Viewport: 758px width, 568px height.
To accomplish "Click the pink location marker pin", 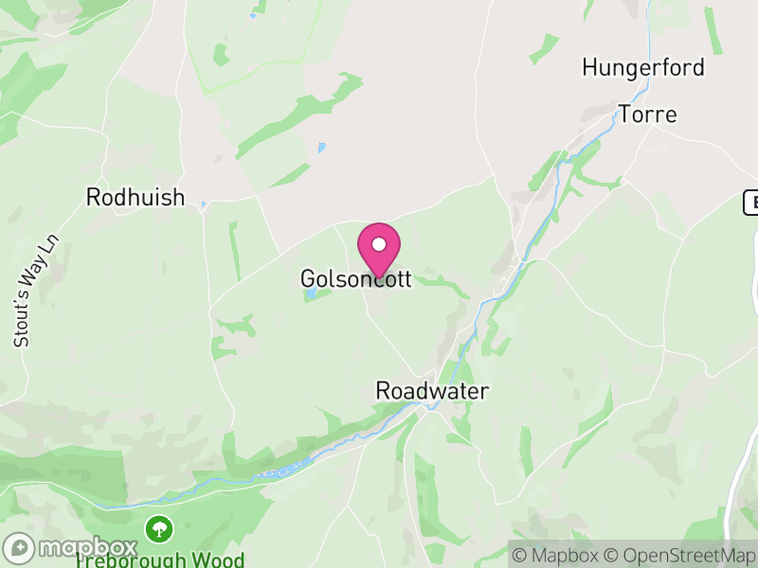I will [x=379, y=249].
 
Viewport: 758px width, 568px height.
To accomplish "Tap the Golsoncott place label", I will [x=355, y=279].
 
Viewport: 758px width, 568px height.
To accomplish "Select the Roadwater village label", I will [x=431, y=390].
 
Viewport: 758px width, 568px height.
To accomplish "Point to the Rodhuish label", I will [x=135, y=197].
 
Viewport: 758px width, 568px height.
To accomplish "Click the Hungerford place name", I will [x=643, y=67].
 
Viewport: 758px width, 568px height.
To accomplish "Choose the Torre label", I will [x=648, y=115].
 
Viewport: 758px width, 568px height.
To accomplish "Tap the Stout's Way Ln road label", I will [x=24, y=292].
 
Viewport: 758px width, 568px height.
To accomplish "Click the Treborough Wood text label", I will [x=159, y=559].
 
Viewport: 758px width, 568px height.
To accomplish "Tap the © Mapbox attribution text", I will [x=557, y=555].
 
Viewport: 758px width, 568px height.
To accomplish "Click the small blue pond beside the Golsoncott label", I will [x=311, y=295].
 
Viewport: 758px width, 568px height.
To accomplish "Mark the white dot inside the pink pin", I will [x=379, y=244].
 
